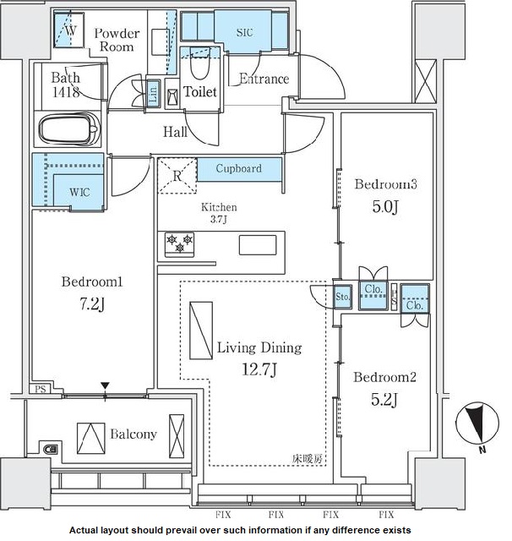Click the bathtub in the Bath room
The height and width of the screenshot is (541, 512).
tap(69, 129)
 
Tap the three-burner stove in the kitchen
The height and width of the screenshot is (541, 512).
tap(179, 244)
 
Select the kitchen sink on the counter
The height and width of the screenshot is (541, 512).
tap(258, 245)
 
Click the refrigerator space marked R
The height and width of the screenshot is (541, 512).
tap(177, 176)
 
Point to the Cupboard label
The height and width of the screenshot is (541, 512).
tap(238, 168)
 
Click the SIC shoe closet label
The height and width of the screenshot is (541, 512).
tap(244, 32)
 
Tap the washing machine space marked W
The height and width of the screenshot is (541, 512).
tap(69, 30)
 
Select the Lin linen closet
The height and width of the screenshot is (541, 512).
tap(153, 93)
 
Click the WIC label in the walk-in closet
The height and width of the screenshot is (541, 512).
tap(79, 192)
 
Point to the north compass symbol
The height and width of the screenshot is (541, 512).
tap(477, 424)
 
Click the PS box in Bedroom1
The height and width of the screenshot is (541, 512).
tap(41, 389)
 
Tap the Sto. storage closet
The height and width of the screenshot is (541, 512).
tap(343, 297)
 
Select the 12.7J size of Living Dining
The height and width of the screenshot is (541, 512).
tap(259, 369)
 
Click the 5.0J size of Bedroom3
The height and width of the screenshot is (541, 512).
tap(385, 206)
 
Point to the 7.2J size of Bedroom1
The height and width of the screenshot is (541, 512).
tap(92, 303)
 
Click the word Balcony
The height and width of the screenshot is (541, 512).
tap(133, 434)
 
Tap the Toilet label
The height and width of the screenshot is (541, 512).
tap(200, 92)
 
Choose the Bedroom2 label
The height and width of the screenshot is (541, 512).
tap(384, 377)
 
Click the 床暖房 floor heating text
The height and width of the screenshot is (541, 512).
tap(308, 458)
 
